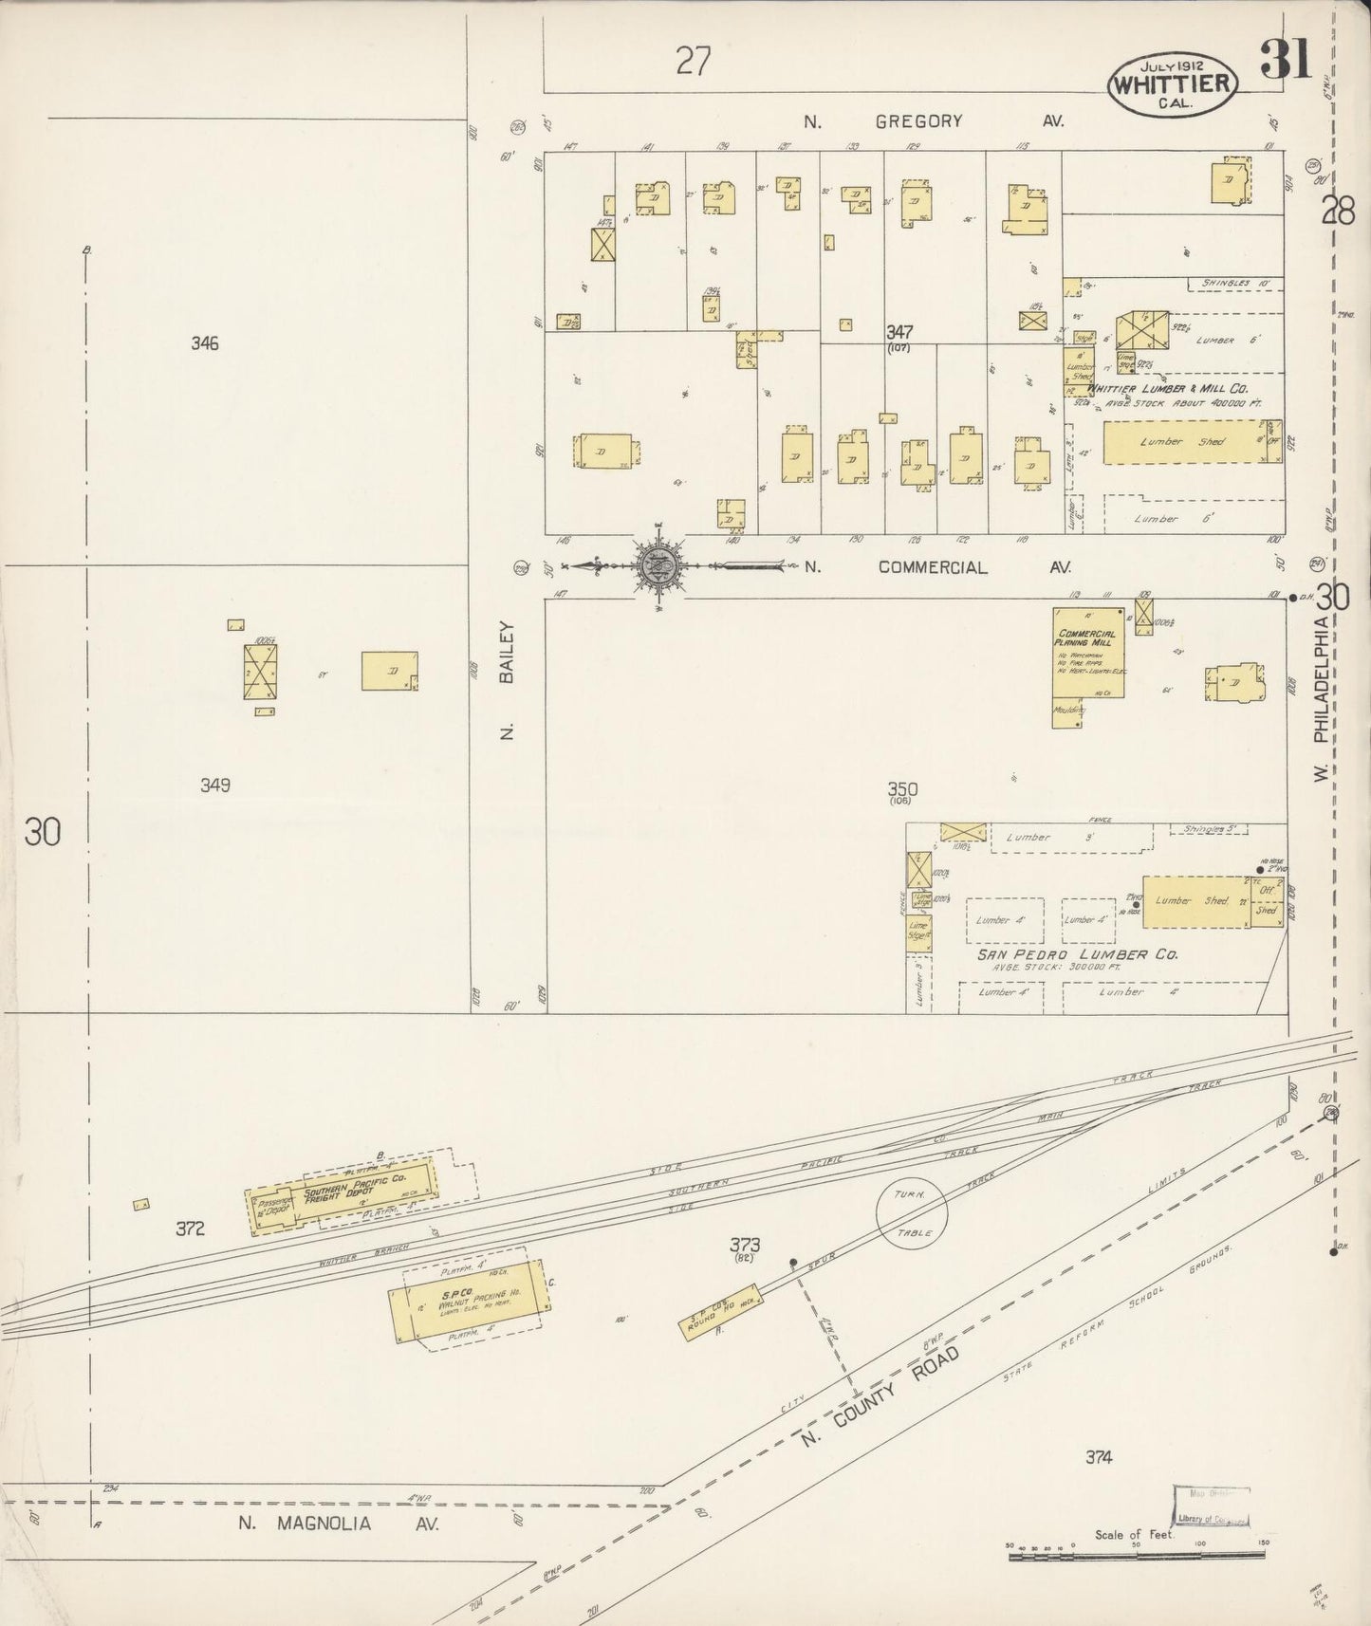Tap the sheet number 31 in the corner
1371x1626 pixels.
[1286, 59]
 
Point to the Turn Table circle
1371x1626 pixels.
[911, 1211]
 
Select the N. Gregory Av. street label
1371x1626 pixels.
[934, 121]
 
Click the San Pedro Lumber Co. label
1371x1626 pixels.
[1078, 954]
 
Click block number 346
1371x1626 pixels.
[204, 343]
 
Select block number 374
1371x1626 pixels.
[1099, 1457]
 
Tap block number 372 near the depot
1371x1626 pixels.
[190, 1229]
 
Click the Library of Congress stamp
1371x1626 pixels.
[1211, 1508]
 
